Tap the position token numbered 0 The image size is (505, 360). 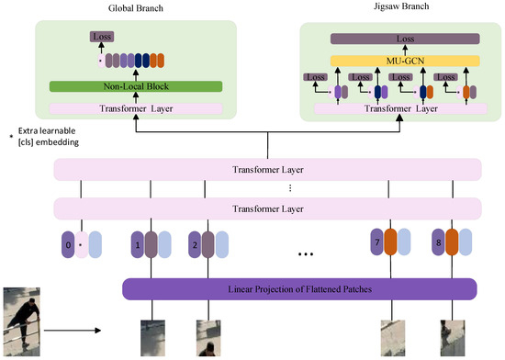click(x=65, y=245)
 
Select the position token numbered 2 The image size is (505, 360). click(x=195, y=245)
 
